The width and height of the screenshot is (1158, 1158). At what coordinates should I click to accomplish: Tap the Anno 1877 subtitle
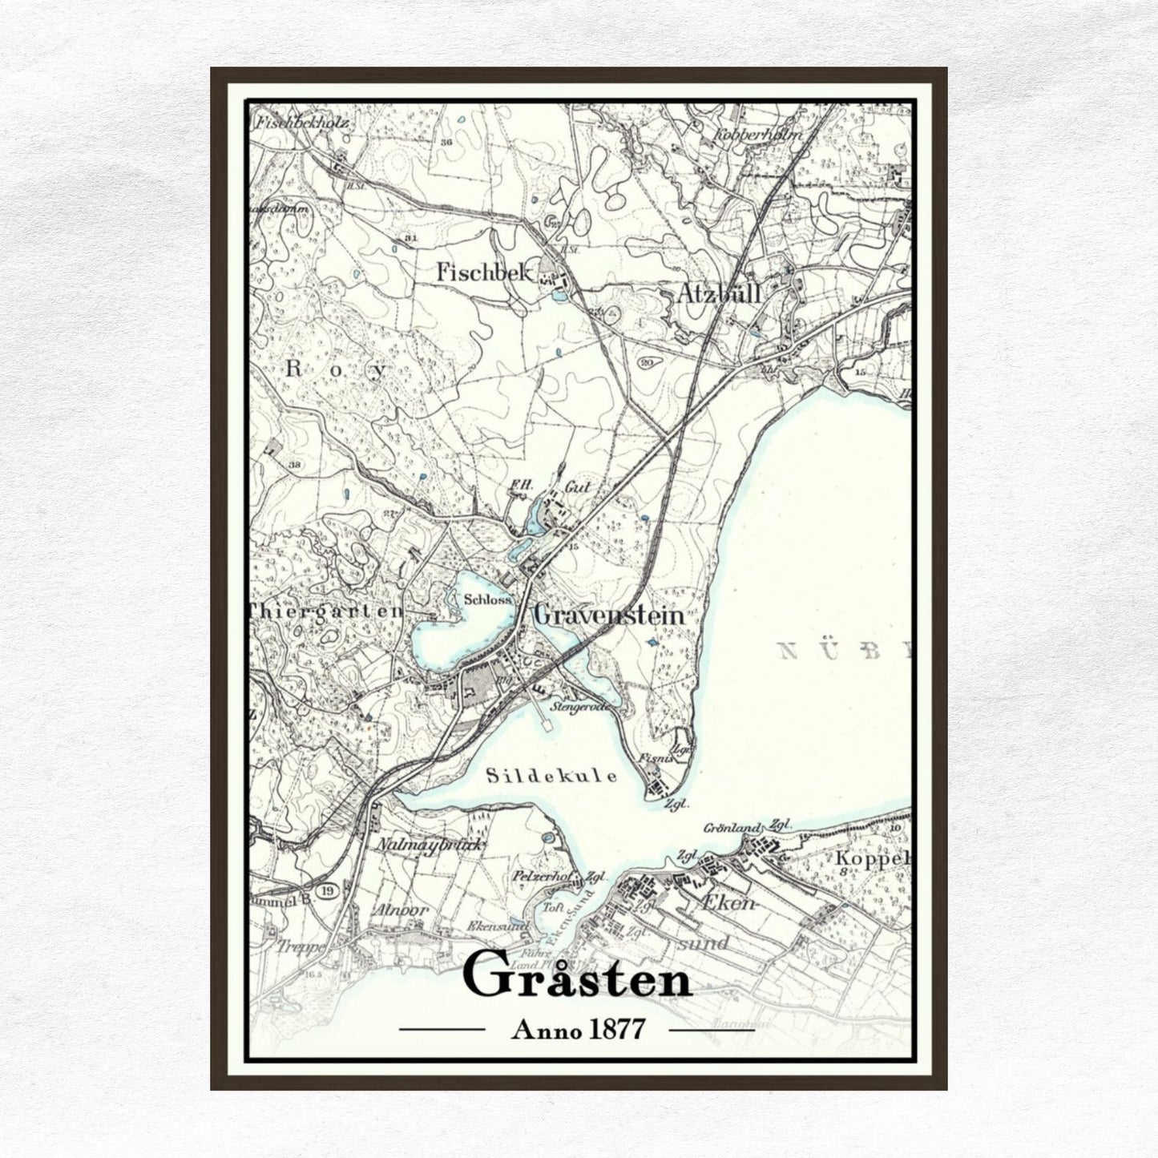pos(577,1029)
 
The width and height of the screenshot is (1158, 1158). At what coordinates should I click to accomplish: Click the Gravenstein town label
pos(609,615)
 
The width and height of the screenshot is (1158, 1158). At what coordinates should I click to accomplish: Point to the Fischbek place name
pos(484,272)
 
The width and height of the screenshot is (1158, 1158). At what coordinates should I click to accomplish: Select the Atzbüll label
pos(719,293)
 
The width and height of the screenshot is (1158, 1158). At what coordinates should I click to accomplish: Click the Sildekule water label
pos(552,776)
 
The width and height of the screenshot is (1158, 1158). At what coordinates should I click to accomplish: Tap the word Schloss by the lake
pos(487,599)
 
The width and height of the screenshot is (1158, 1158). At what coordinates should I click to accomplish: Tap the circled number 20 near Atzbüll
pos(648,362)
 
